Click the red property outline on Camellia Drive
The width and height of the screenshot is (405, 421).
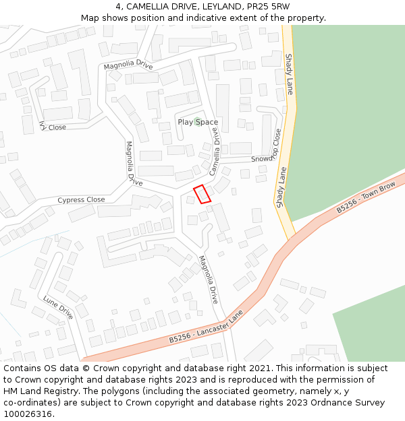tap(202, 193)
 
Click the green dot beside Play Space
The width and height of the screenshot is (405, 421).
tap(197, 121)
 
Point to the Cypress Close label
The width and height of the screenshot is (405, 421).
tap(81, 200)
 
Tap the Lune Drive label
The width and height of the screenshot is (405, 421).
tap(58, 307)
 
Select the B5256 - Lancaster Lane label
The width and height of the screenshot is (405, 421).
tap(206, 329)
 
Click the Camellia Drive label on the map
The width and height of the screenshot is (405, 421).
tap(215, 152)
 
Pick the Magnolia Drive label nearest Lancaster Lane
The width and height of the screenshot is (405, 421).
tap(209, 280)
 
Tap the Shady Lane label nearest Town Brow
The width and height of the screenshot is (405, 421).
tap(282, 187)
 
